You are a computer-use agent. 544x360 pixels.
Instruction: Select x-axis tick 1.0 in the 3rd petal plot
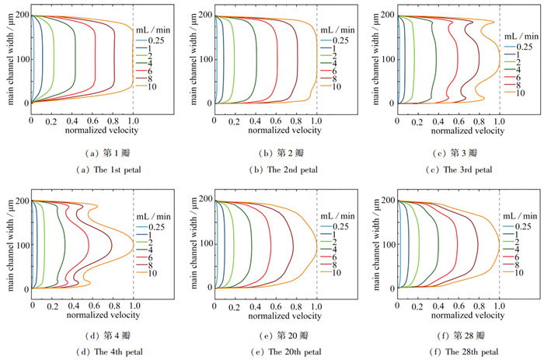click(x=499, y=112)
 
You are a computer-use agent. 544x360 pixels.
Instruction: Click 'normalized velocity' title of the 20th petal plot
click(x=266, y=306)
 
